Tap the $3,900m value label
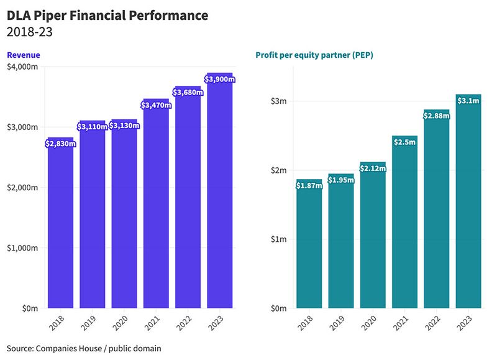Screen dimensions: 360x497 click(219, 80)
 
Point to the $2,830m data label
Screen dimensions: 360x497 click(60, 144)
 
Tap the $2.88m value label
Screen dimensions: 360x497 click(436, 116)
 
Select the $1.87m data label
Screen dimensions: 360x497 click(309, 185)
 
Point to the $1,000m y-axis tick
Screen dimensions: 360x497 click(24, 248)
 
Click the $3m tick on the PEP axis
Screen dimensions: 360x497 click(277, 101)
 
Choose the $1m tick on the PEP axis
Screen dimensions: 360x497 click(277, 239)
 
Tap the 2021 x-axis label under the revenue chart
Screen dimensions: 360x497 click(153, 323)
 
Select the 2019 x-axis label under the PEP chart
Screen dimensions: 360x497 click(339, 323)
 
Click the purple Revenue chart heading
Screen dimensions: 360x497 click(23, 55)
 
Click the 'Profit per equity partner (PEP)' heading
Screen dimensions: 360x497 click(314, 55)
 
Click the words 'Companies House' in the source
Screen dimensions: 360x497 click(66, 348)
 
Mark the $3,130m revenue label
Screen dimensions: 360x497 click(124, 126)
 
